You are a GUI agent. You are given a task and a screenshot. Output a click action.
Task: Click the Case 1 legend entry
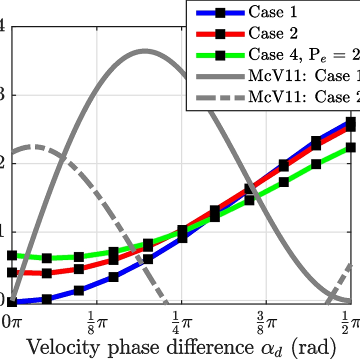(273, 12)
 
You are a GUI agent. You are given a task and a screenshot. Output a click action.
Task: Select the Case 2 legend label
(273, 33)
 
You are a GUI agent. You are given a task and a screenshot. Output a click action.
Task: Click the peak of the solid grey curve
(145, 51)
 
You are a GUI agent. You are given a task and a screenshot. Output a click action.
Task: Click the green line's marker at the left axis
(12, 255)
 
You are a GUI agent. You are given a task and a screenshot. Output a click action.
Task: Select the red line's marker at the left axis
(12, 272)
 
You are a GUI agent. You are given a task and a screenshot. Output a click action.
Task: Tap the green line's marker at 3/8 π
(283, 182)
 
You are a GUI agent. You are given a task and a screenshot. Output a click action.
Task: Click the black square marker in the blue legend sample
(220, 12)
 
